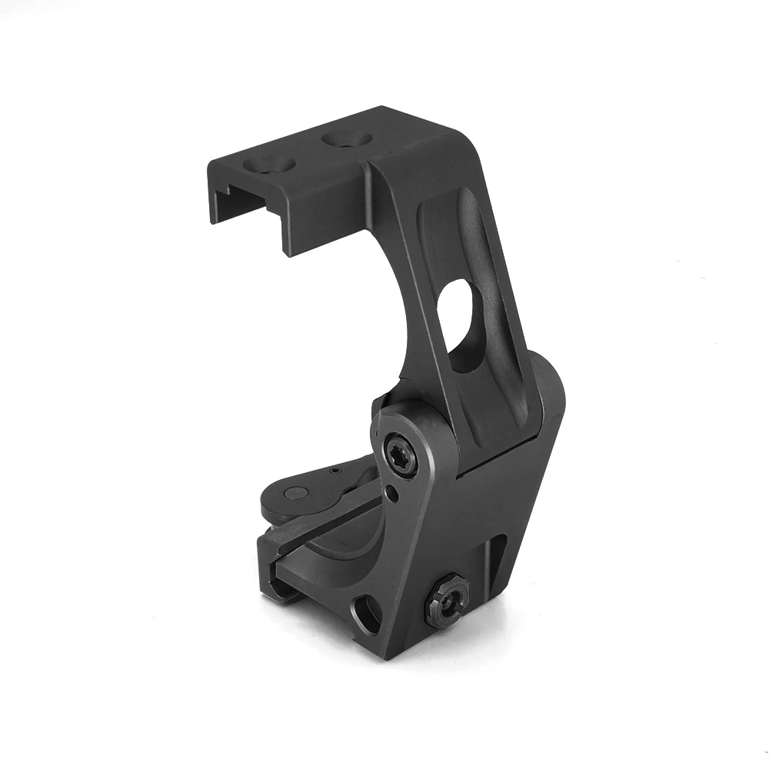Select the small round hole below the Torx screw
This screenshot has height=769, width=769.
point(394,492)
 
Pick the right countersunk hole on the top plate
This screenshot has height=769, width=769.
point(347,139)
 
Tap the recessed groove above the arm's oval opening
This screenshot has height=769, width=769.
point(461,231)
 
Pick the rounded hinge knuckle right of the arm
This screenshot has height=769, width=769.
point(548,408)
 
